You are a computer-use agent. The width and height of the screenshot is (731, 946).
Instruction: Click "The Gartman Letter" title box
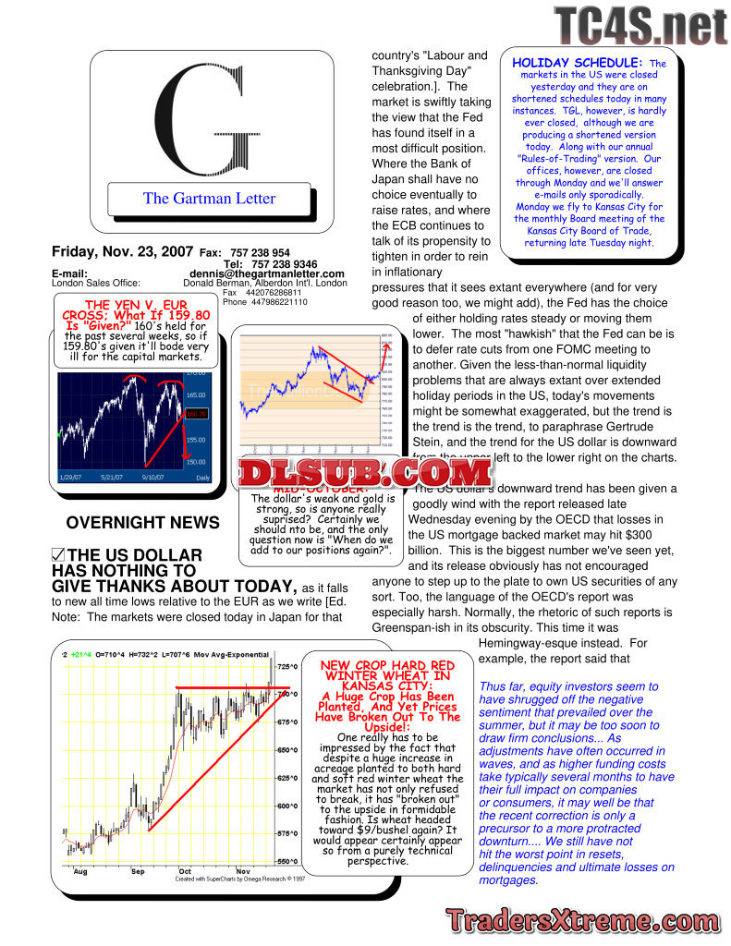click(209, 198)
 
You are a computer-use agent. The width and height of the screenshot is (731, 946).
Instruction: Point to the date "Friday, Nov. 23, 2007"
click(122, 251)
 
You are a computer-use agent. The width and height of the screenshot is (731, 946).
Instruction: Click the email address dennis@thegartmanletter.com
click(267, 273)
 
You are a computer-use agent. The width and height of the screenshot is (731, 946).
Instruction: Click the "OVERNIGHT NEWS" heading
click(143, 523)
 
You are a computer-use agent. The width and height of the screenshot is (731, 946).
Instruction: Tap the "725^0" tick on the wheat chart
click(288, 666)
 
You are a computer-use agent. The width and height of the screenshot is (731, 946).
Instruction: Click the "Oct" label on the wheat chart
click(185, 870)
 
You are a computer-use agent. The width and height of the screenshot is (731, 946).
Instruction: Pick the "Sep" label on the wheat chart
click(139, 870)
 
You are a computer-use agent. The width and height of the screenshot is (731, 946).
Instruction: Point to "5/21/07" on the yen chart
click(112, 477)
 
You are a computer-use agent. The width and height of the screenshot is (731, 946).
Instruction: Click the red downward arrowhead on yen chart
click(187, 456)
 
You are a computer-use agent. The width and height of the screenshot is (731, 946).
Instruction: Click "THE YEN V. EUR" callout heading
click(135, 304)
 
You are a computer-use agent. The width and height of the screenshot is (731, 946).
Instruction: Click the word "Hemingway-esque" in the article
click(530, 643)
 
